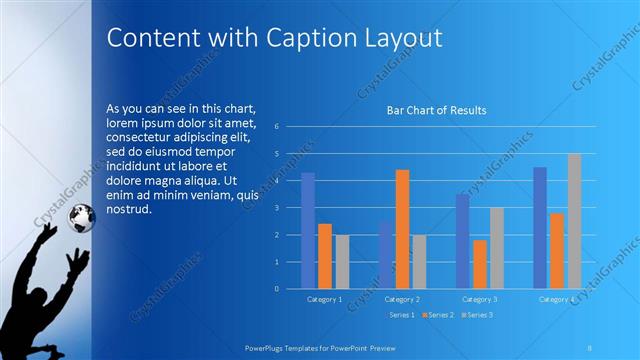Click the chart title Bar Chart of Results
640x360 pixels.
click(x=436, y=110)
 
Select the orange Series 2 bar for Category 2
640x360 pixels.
click(x=402, y=229)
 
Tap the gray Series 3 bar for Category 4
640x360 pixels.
click(x=574, y=221)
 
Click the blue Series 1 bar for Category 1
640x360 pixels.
click(x=308, y=231)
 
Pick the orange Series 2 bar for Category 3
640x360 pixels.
click(x=480, y=264)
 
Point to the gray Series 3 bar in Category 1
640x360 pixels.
click(x=341, y=262)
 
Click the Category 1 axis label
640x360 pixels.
click(x=324, y=299)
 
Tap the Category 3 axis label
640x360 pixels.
click(x=479, y=299)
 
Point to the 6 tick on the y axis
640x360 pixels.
click(x=290, y=126)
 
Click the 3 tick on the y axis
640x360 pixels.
click(x=290, y=208)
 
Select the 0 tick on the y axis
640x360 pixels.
click(x=290, y=289)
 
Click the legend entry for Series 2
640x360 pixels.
click(x=439, y=314)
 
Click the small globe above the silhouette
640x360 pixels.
click(x=81, y=216)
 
